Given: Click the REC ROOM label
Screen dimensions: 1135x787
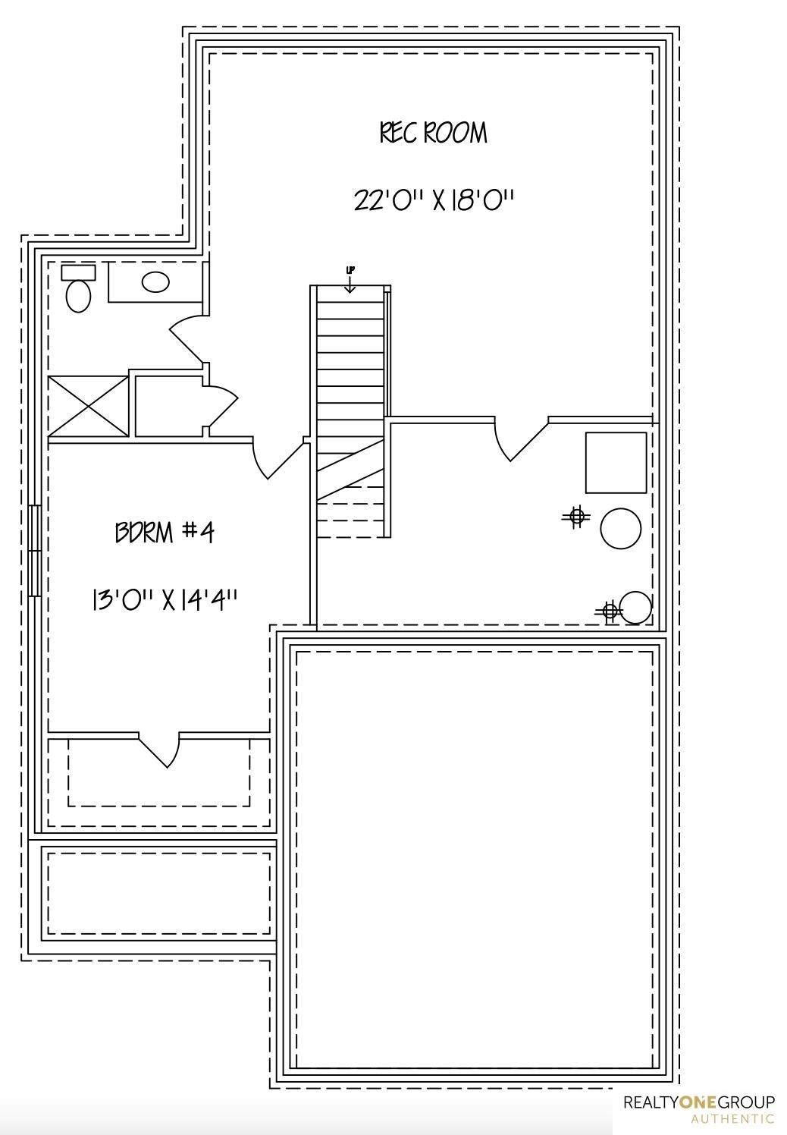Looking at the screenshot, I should [434, 133].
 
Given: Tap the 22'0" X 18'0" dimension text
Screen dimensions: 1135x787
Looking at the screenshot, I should [434, 201].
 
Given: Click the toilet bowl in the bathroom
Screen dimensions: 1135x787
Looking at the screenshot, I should [78, 295].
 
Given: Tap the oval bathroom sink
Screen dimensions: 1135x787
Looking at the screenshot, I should [155, 282].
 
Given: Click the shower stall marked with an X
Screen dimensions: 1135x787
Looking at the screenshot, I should [89, 406].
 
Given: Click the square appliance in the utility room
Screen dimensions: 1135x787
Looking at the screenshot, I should [616, 463].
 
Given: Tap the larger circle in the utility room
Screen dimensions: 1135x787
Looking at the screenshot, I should [621, 529].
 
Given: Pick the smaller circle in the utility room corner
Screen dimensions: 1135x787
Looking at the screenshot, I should [635, 607].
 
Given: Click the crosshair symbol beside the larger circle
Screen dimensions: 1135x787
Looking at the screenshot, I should [577, 517].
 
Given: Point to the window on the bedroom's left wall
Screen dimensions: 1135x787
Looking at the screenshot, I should [34, 551].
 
